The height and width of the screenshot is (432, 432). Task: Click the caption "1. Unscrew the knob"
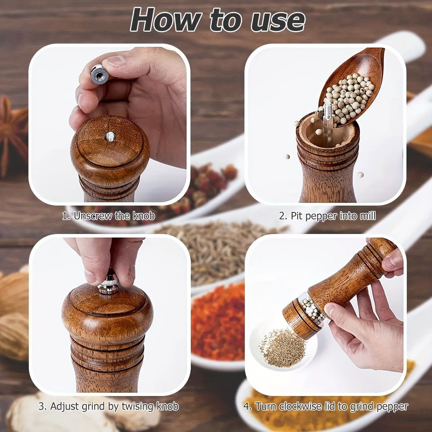[108, 216]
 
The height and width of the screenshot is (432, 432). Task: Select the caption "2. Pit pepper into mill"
[327, 216]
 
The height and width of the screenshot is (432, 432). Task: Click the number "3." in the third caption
[42, 406]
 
